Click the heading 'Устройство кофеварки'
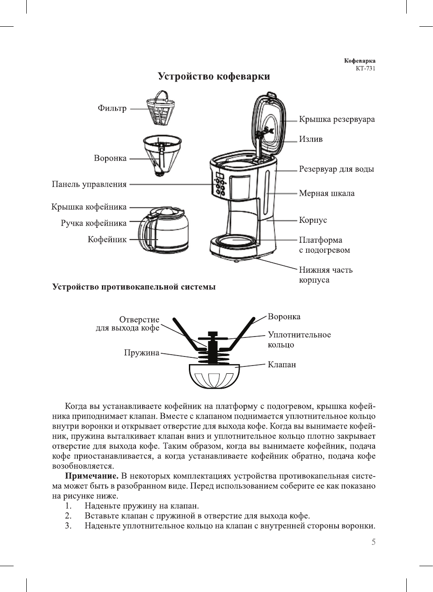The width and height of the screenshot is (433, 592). [x=214, y=77]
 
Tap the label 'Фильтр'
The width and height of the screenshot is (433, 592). [x=112, y=108]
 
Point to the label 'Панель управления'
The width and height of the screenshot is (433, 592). [x=89, y=184]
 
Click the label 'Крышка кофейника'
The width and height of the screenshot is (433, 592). [x=89, y=207]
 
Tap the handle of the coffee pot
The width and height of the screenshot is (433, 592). [x=144, y=231]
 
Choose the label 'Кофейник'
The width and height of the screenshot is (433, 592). [x=107, y=239]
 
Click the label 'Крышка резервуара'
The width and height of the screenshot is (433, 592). [x=337, y=120]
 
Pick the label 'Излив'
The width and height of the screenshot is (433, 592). [x=311, y=140]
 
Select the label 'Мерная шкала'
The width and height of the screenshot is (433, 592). [x=327, y=193]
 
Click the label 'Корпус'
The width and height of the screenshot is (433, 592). [x=313, y=220]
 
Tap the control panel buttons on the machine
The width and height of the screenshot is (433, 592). [x=220, y=186]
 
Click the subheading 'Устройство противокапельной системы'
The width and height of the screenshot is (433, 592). [x=134, y=287]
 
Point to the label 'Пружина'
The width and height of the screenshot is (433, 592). [x=142, y=353]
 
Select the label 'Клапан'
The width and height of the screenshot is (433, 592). [x=282, y=365]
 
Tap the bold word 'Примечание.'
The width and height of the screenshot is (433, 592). [x=92, y=476]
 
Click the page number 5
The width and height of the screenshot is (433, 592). [x=373, y=542]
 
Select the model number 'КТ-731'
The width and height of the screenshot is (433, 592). [x=365, y=68]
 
